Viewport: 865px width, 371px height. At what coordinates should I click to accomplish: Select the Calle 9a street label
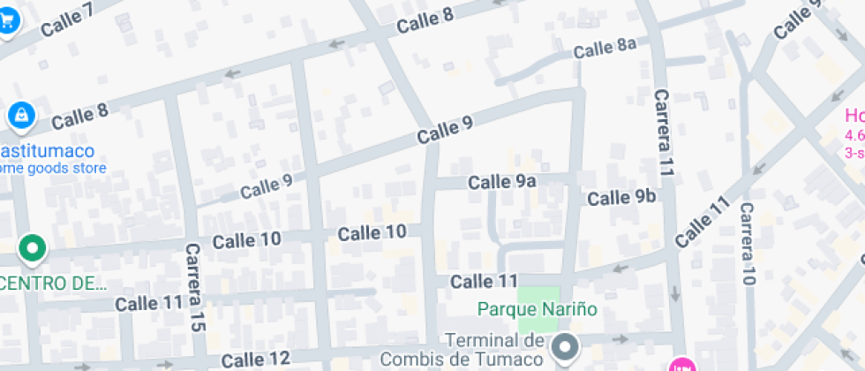(502, 182)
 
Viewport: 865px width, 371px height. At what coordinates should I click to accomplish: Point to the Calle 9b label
(622, 197)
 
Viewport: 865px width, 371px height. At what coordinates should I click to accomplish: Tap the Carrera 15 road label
(195, 288)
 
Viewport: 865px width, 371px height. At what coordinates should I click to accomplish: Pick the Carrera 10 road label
(748, 245)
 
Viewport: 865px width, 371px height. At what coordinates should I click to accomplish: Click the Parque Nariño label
(538, 309)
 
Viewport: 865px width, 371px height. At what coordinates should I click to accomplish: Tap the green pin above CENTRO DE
(33, 248)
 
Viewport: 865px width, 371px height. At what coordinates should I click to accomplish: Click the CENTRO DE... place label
(53, 284)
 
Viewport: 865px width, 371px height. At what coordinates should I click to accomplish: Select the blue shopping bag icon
(20, 114)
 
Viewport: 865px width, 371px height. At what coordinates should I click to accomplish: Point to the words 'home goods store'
(53, 168)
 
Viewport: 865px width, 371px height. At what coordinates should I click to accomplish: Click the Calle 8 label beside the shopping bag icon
(79, 116)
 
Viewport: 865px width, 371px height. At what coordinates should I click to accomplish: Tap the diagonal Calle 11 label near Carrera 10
(703, 221)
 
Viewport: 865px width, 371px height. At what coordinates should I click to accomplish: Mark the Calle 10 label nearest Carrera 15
(246, 239)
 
